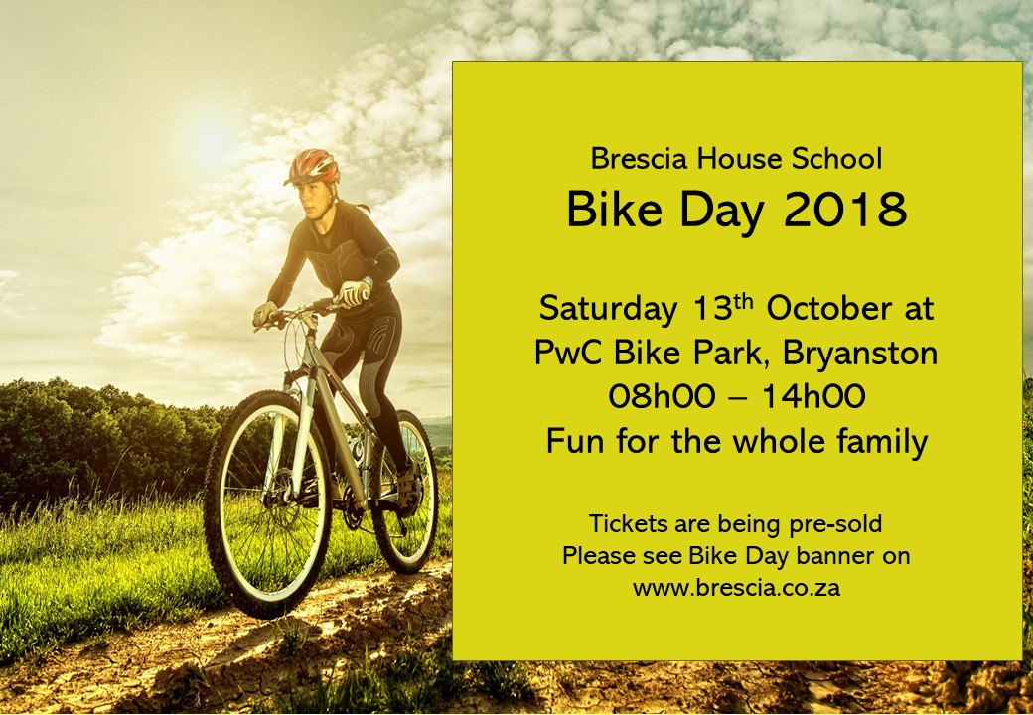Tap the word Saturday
(607, 309)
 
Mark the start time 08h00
(661, 396)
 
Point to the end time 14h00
(813, 396)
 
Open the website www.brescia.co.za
(736, 587)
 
